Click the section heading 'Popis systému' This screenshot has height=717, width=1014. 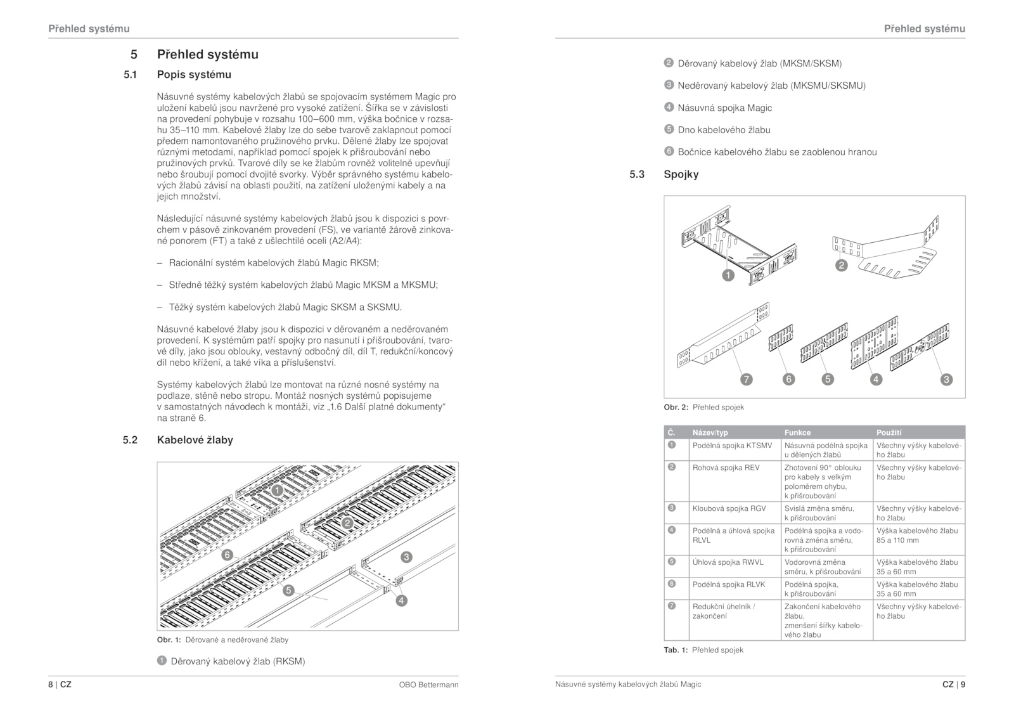coord(194,75)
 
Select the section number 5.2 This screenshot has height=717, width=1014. coord(130,440)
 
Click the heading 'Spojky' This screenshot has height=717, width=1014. coord(681,174)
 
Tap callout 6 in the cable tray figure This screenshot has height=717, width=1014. coord(227,555)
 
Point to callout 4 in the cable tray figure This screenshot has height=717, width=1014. coord(401,600)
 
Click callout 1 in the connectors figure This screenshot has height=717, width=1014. coord(728,275)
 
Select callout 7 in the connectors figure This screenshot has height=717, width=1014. coord(747,380)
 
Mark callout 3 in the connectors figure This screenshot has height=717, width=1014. coord(946,380)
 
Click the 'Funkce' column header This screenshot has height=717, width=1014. coord(797,432)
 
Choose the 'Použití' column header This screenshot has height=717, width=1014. coord(889,432)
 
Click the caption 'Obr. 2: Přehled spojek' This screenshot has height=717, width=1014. coord(703,408)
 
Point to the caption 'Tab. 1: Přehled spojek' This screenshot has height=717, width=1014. coord(703,650)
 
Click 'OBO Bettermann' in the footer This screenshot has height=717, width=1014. coord(428,685)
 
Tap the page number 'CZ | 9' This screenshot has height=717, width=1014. coord(953,685)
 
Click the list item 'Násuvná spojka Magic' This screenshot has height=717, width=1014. coord(724,108)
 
